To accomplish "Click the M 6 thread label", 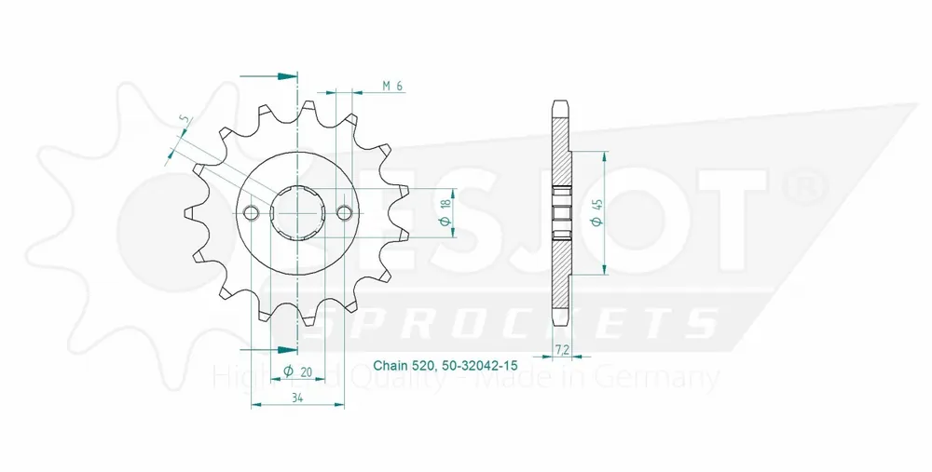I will point(392,86).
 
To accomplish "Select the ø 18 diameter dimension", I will point(445,213).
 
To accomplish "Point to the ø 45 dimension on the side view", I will point(596,212).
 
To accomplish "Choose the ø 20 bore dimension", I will point(297,371).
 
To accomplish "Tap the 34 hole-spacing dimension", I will point(296,398).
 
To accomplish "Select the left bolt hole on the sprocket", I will point(250,214).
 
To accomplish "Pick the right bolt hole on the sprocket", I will point(345,214).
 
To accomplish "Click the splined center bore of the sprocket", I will point(297,214).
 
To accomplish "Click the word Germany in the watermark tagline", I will point(667,378).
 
